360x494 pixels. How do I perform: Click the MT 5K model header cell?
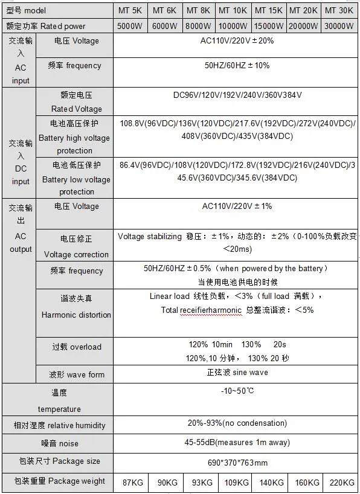(x=130, y=10)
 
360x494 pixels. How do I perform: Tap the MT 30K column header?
(x=339, y=10)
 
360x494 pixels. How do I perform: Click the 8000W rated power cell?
(x=199, y=26)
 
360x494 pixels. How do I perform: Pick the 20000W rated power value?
(x=304, y=26)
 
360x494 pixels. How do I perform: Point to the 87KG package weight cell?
(x=130, y=482)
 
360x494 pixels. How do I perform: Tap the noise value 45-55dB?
(x=237, y=443)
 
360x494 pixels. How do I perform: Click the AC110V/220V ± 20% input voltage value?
(x=237, y=40)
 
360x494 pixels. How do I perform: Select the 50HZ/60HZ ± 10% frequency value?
(x=237, y=65)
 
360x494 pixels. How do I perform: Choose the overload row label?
(x=77, y=347)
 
